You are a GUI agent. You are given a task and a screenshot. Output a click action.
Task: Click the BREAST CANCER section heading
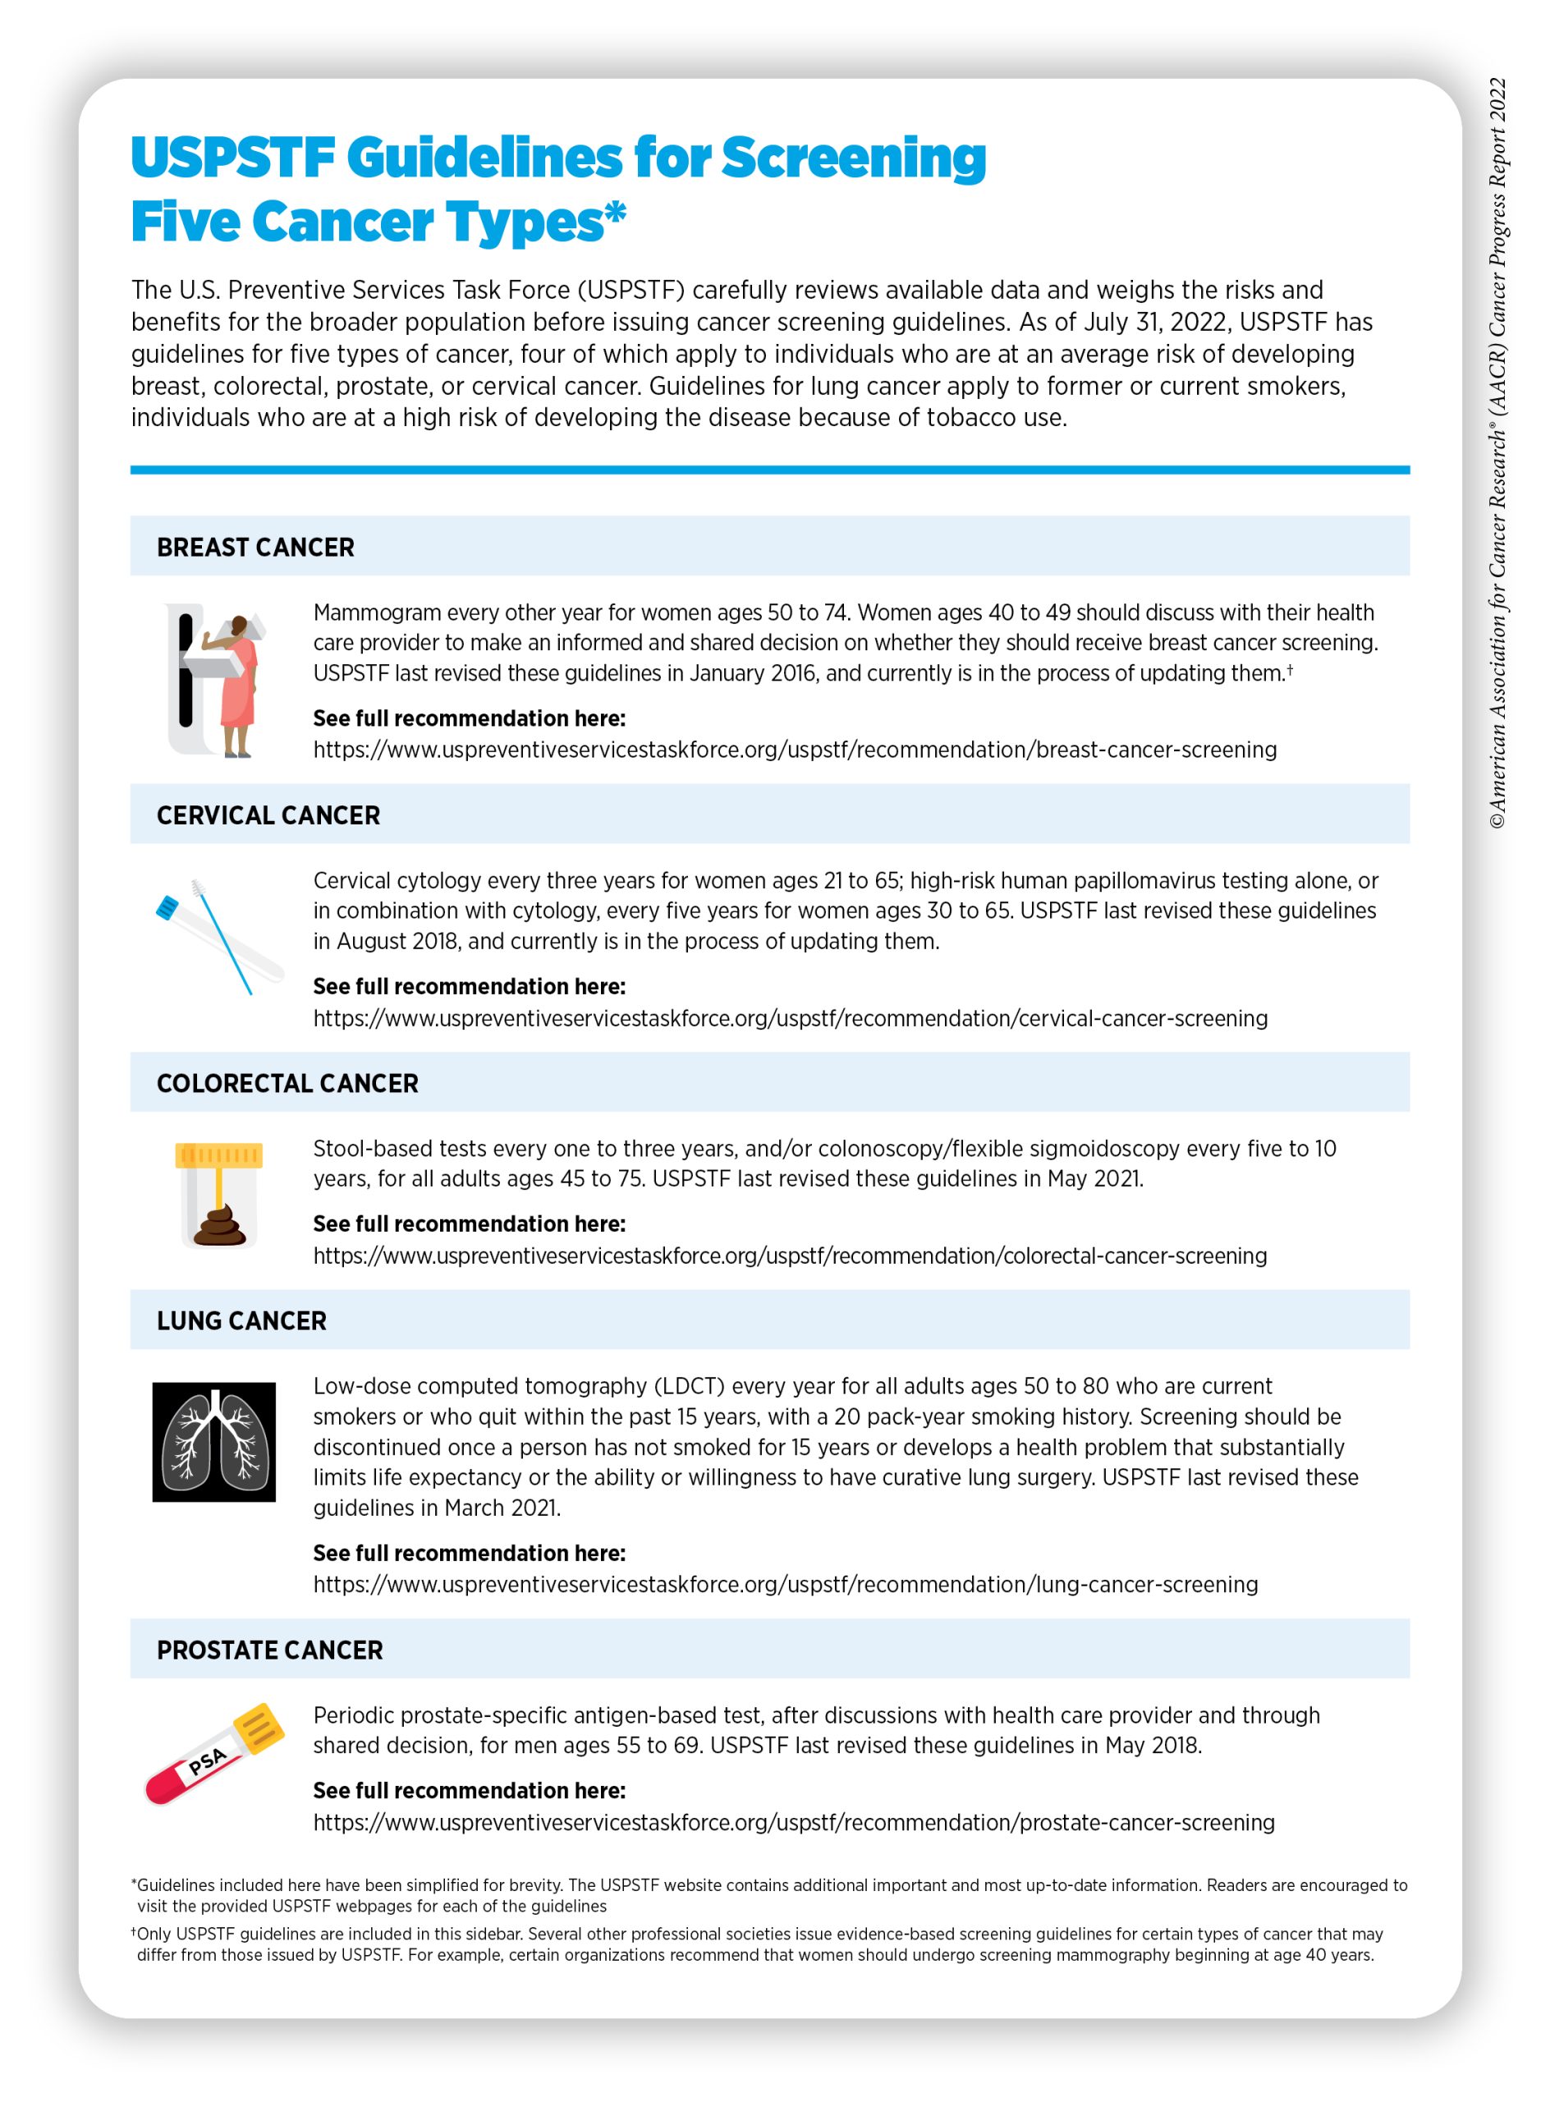[255, 547]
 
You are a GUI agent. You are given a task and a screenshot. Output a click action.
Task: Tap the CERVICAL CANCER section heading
[268, 815]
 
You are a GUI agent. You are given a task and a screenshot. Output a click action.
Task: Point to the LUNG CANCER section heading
[241, 1320]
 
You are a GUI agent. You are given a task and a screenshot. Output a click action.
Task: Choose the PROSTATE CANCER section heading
[269, 1650]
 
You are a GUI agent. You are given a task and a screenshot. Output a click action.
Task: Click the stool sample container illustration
[219, 1196]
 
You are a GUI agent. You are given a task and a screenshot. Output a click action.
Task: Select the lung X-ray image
[213, 1442]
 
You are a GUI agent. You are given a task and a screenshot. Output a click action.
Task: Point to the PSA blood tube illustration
[214, 1754]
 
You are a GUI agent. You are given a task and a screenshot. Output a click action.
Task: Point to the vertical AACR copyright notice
[1497, 452]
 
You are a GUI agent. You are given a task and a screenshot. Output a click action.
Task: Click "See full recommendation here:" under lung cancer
[470, 1553]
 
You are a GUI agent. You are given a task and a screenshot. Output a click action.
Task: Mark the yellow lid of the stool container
[219, 1155]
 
